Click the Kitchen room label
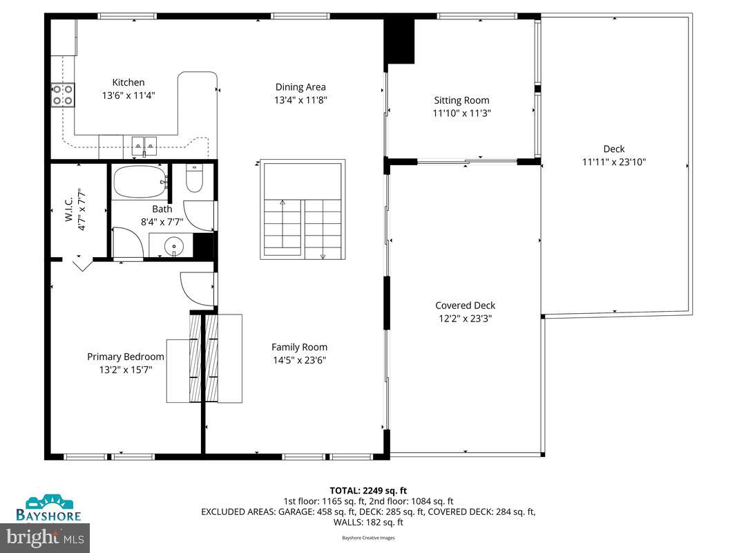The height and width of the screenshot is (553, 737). pyautogui.click(x=128, y=82)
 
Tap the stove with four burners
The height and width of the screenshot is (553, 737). pyautogui.click(x=63, y=94)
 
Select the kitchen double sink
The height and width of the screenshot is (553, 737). pyautogui.click(x=144, y=144)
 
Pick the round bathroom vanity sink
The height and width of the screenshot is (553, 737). pyautogui.click(x=175, y=245)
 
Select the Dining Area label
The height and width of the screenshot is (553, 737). pyautogui.click(x=300, y=87)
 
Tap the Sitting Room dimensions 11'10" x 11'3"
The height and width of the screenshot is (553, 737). pyautogui.click(x=461, y=113)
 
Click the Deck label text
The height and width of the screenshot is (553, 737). pyautogui.click(x=613, y=149)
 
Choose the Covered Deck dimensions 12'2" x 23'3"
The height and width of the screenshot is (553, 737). pyautogui.click(x=465, y=319)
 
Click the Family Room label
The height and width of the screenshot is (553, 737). pyautogui.click(x=299, y=347)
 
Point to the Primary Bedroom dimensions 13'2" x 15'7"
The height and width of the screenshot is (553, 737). pyautogui.click(x=125, y=370)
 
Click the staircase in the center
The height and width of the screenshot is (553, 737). pyautogui.click(x=302, y=212)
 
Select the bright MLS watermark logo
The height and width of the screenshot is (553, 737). pyautogui.click(x=46, y=536)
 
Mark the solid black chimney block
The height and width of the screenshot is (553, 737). pyautogui.click(x=399, y=41)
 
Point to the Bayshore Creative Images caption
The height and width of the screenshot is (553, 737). pyautogui.click(x=368, y=538)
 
